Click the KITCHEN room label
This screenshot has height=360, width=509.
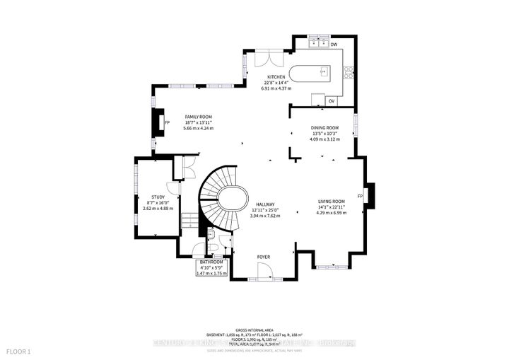click(276, 76)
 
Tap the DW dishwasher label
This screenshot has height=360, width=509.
click(334, 45)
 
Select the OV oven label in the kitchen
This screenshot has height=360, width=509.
click(331, 101)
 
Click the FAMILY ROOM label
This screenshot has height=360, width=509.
click(198, 116)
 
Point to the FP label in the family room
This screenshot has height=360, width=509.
click(167, 122)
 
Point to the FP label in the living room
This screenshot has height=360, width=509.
click(360, 196)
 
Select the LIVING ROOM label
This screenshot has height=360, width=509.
click(331, 202)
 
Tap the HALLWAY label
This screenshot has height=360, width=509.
click(267, 204)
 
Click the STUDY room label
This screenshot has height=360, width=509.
click(158, 197)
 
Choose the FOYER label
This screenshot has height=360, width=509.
click(263, 257)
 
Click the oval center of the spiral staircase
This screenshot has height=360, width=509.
click(232, 199)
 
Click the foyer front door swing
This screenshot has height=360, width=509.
click(265, 271)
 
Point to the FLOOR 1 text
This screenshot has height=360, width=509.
click(19, 352)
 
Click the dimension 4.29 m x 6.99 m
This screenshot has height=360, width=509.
click(331, 213)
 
